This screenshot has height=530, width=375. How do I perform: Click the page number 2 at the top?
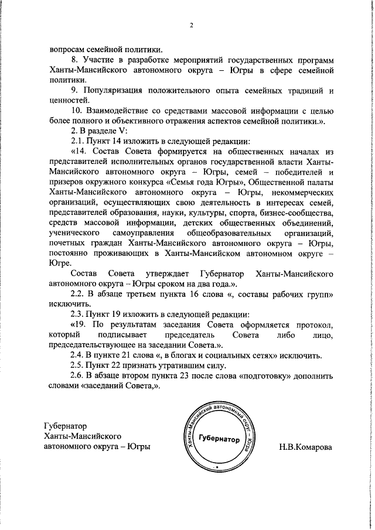pos(191,25)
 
